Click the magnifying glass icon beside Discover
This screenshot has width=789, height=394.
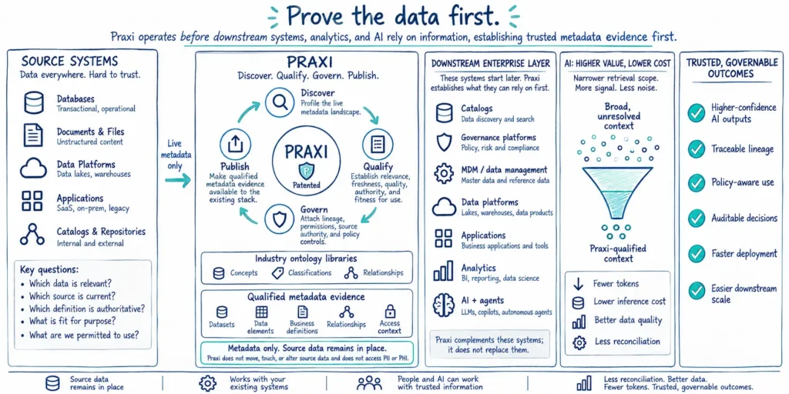280,102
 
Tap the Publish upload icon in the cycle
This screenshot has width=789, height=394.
234,144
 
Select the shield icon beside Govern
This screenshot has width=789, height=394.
280,219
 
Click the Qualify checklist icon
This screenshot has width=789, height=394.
378,144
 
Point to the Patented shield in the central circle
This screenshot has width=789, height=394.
307,170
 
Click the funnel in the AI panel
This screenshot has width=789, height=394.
619,193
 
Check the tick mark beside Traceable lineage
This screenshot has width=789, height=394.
697,149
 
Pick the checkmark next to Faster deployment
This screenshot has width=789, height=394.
697,254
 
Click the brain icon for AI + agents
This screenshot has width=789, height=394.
444,306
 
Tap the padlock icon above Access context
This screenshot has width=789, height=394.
390,311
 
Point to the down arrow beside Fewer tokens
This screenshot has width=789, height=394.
579,284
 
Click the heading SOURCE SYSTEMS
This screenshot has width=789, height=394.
70,62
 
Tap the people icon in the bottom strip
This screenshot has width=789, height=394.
369,383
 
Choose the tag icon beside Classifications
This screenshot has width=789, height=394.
277,273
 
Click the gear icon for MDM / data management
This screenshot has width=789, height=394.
444,174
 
